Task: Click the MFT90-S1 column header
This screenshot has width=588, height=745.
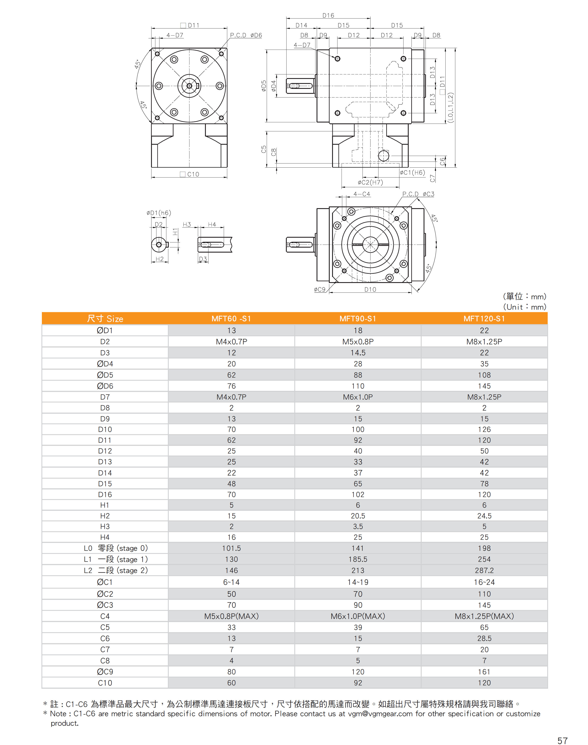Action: coord(358,319)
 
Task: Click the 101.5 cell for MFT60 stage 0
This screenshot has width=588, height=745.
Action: coord(231,548)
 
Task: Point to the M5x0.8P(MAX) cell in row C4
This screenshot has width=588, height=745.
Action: coord(231,616)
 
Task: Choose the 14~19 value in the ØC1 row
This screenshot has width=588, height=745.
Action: coord(358,582)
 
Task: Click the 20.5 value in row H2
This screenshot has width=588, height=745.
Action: coord(358,516)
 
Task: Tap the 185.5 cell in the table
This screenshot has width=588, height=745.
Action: coord(358,559)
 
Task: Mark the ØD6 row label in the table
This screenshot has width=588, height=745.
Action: coord(105,386)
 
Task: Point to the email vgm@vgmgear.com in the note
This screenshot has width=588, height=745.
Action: coord(380,714)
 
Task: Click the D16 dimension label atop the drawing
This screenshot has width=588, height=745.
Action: coord(328,16)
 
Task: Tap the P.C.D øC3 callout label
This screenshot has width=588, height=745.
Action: coord(418,194)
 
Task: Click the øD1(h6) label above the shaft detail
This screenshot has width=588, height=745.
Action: coord(159,213)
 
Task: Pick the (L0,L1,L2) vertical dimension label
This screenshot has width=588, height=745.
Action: coord(451,108)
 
